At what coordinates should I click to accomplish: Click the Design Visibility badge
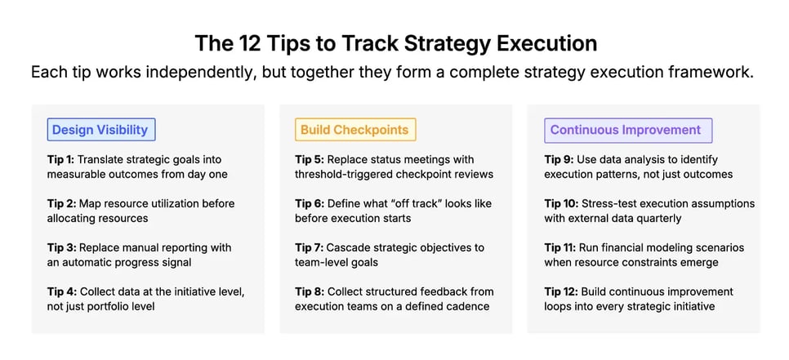point(100,130)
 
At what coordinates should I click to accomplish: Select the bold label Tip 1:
point(61,159)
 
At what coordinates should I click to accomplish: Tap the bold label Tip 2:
point(61,203)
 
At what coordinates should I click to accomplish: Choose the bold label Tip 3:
point(61,247)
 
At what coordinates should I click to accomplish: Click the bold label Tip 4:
point(61,291)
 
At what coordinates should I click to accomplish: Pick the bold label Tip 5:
point(310,159)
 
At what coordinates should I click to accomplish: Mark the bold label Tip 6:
point(310,203)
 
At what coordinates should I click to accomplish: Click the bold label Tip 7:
point(310,247)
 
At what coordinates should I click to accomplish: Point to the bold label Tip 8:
point(310,291)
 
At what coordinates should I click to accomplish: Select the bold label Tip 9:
point(559,159)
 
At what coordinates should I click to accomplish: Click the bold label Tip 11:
point(561,247)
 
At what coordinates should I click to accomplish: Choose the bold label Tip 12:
point(562,291)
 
